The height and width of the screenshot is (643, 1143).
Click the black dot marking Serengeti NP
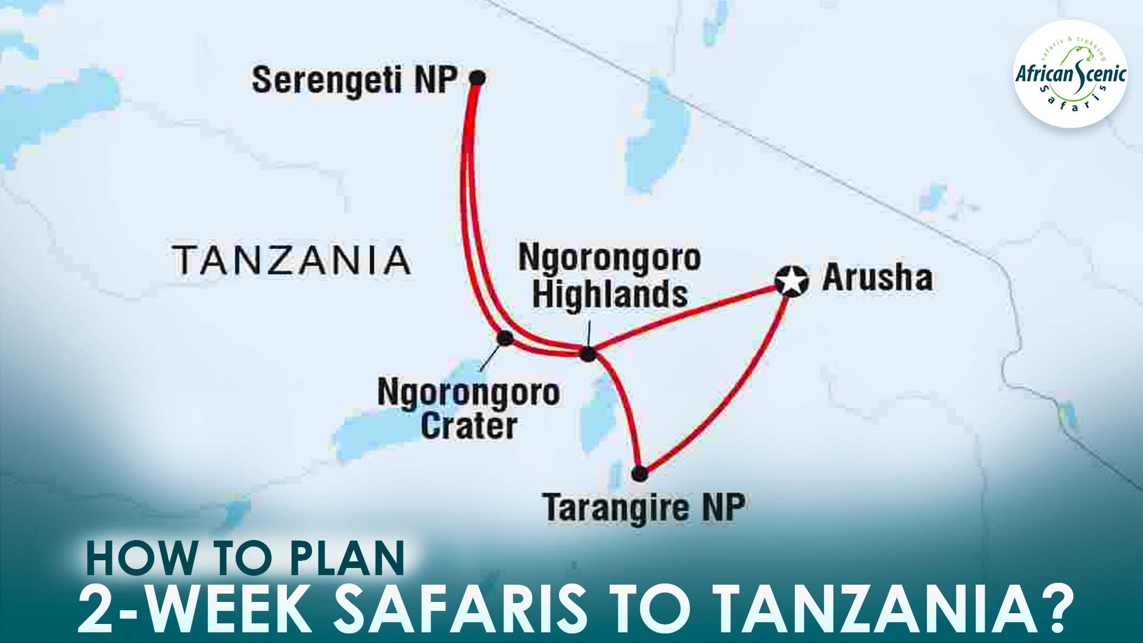coord(477,77)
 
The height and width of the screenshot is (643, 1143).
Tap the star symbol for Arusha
coord(792,280)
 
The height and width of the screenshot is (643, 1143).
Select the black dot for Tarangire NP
coord(639,474)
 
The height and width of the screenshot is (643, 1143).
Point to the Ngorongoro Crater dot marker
coord(505,338)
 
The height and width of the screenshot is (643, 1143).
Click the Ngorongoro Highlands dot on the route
coord(588,354)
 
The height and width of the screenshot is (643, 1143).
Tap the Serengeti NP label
coord(355,80)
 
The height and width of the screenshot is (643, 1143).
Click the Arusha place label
coord(877,278)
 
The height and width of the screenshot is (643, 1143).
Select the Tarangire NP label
coord(644,508)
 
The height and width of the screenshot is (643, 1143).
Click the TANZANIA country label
coord(292,260)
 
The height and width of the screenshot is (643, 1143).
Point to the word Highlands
coord(610,294)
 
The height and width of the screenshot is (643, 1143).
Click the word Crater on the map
coord(469,426)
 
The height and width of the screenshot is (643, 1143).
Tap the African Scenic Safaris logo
coord(1070,74)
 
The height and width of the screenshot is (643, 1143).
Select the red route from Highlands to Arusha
coord(685,319)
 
